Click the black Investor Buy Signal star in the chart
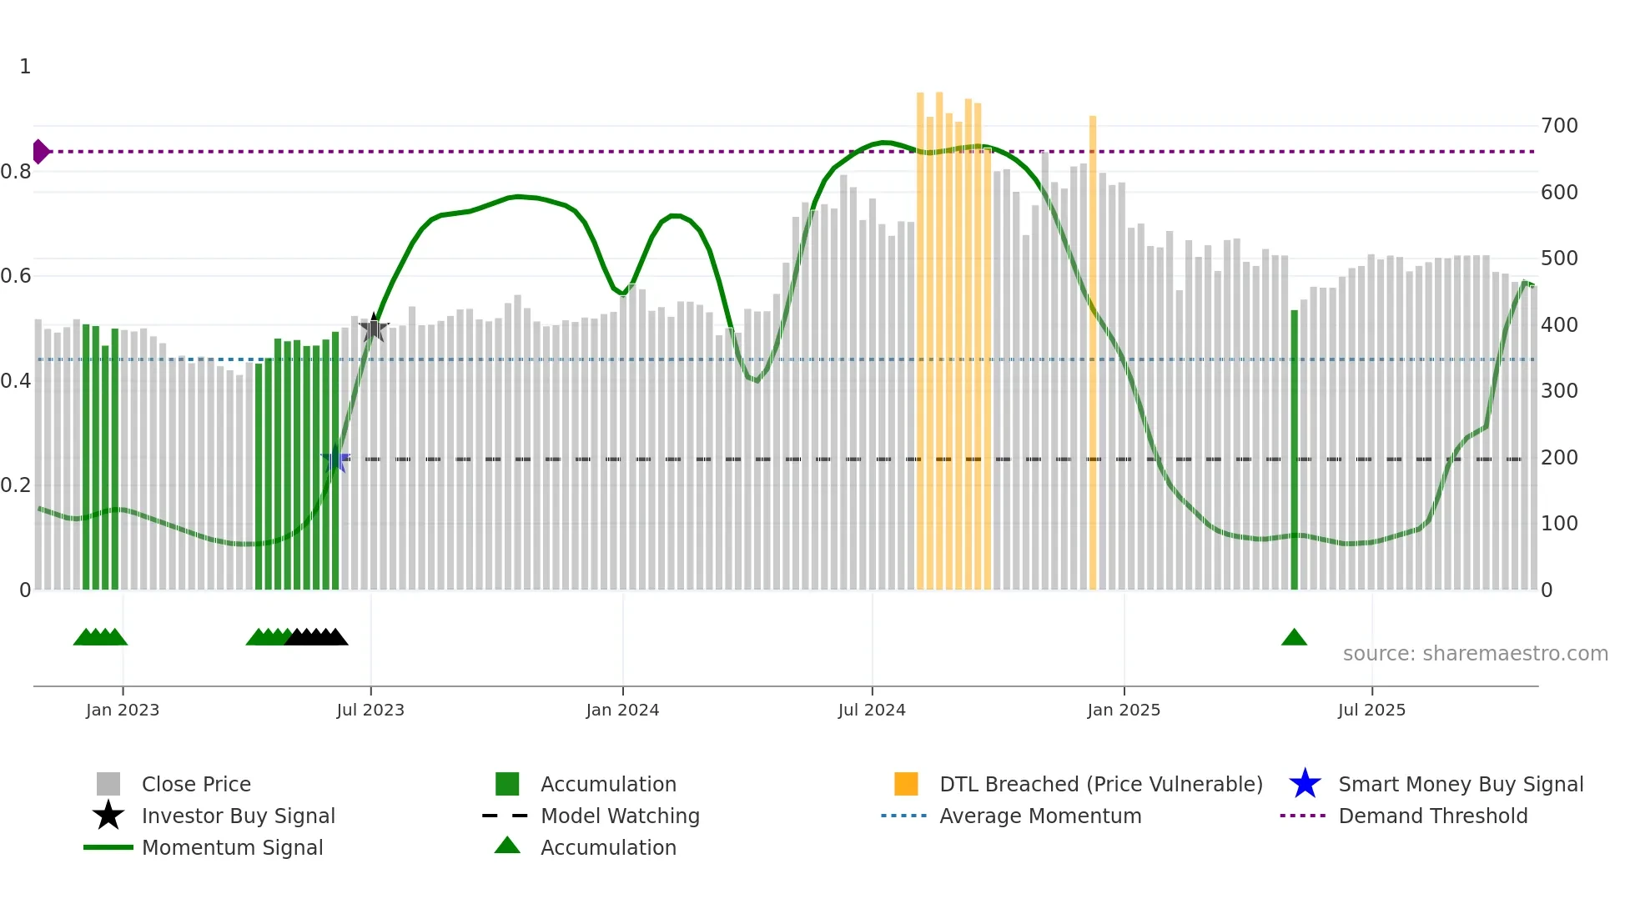coord(374,329)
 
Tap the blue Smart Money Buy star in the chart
coord(335,459)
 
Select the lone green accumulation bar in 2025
coord(1294,450)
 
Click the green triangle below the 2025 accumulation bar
coord(1294,638)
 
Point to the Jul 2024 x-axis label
coord(872,710)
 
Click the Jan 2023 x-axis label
coord(123,710)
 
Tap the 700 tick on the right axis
coord(1559,126)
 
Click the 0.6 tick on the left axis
coord(16,276)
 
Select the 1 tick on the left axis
coord(25,67)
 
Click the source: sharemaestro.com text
coord(1475,654)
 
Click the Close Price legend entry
coord(195,784)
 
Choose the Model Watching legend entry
coord(619,816)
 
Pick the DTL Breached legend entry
coord(1100,784)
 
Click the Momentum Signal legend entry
coord(232,847)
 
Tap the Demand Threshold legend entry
coord(1432,816)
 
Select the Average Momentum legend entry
coord(1039,816)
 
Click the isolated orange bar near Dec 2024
coord(1093,350)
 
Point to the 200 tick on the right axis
coord(1559,458)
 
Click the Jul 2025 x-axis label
coord(1371,710)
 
